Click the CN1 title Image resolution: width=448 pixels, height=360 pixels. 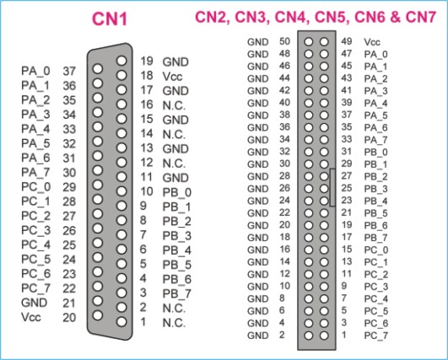coord(110,19)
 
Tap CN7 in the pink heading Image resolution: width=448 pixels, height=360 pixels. coord(420,17)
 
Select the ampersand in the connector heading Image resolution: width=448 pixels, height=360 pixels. coord(395,17)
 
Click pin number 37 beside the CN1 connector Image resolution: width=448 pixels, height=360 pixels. coord(69,71)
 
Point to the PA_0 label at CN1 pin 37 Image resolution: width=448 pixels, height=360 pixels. coord(35,71)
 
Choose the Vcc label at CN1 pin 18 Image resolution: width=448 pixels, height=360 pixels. coord(172,77)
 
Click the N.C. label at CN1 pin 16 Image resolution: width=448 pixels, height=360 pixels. coord(174,105)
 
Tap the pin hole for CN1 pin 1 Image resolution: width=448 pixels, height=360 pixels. coord(121,322)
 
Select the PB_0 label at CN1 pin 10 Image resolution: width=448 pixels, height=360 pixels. coord(177,192)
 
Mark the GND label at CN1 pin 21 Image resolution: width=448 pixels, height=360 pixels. coord(34,303)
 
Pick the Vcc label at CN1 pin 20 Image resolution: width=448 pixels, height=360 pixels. coord(31,317)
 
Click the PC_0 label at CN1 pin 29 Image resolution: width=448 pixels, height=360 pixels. coord(35,187)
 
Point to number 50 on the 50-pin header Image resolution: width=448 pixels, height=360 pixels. coord(284,41)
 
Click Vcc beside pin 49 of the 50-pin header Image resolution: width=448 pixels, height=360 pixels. coord(372,42)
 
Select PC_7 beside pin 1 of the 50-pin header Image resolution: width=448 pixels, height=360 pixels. coord(376,336)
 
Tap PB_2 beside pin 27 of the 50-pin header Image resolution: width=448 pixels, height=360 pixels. coord(376,177)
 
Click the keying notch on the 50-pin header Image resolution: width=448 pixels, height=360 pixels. coord(332,187)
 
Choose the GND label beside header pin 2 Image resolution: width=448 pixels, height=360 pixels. coord(257,336)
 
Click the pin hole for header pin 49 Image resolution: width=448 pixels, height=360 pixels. coord(324,42)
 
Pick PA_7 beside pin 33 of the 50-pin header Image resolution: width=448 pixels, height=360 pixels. coord(375,140)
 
